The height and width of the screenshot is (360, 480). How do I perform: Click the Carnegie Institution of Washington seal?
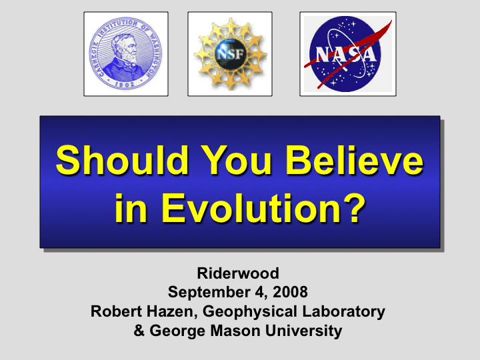pyautogui.click(x=125, y=53)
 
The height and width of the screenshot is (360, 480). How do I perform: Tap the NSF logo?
pyautogui.click(x=230, y=54)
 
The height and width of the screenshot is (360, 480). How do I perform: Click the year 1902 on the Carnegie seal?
pyautogui.click(x=125, y=84)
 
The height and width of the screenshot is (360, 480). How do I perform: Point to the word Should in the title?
pyautogui.click(x=122, y=161)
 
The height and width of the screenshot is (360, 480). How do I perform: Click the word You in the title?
pyautogui.click(x=236, y=161)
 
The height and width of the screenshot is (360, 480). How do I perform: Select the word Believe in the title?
pyautogui.click(x=355, y=161)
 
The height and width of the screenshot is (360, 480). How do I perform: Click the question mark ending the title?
pyautogui.click(x=355, y=207)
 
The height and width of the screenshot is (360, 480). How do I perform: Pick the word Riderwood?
pyautogui.click(x=238, y=273)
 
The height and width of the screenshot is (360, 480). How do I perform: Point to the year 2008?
pyautogui.click(x=290, y=292)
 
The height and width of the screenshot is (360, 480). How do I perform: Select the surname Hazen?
pyautogui.click(x=169, y=311)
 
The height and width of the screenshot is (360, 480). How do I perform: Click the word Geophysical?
pyautogui.click(x=250, y=312)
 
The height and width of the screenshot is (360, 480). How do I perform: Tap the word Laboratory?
pyautogui.click(x=344, y=312)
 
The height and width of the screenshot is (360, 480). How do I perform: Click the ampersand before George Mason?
pyautogui.click(x=139, y=331)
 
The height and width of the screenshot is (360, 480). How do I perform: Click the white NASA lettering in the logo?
pyautogui.click(x=346, y=54)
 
